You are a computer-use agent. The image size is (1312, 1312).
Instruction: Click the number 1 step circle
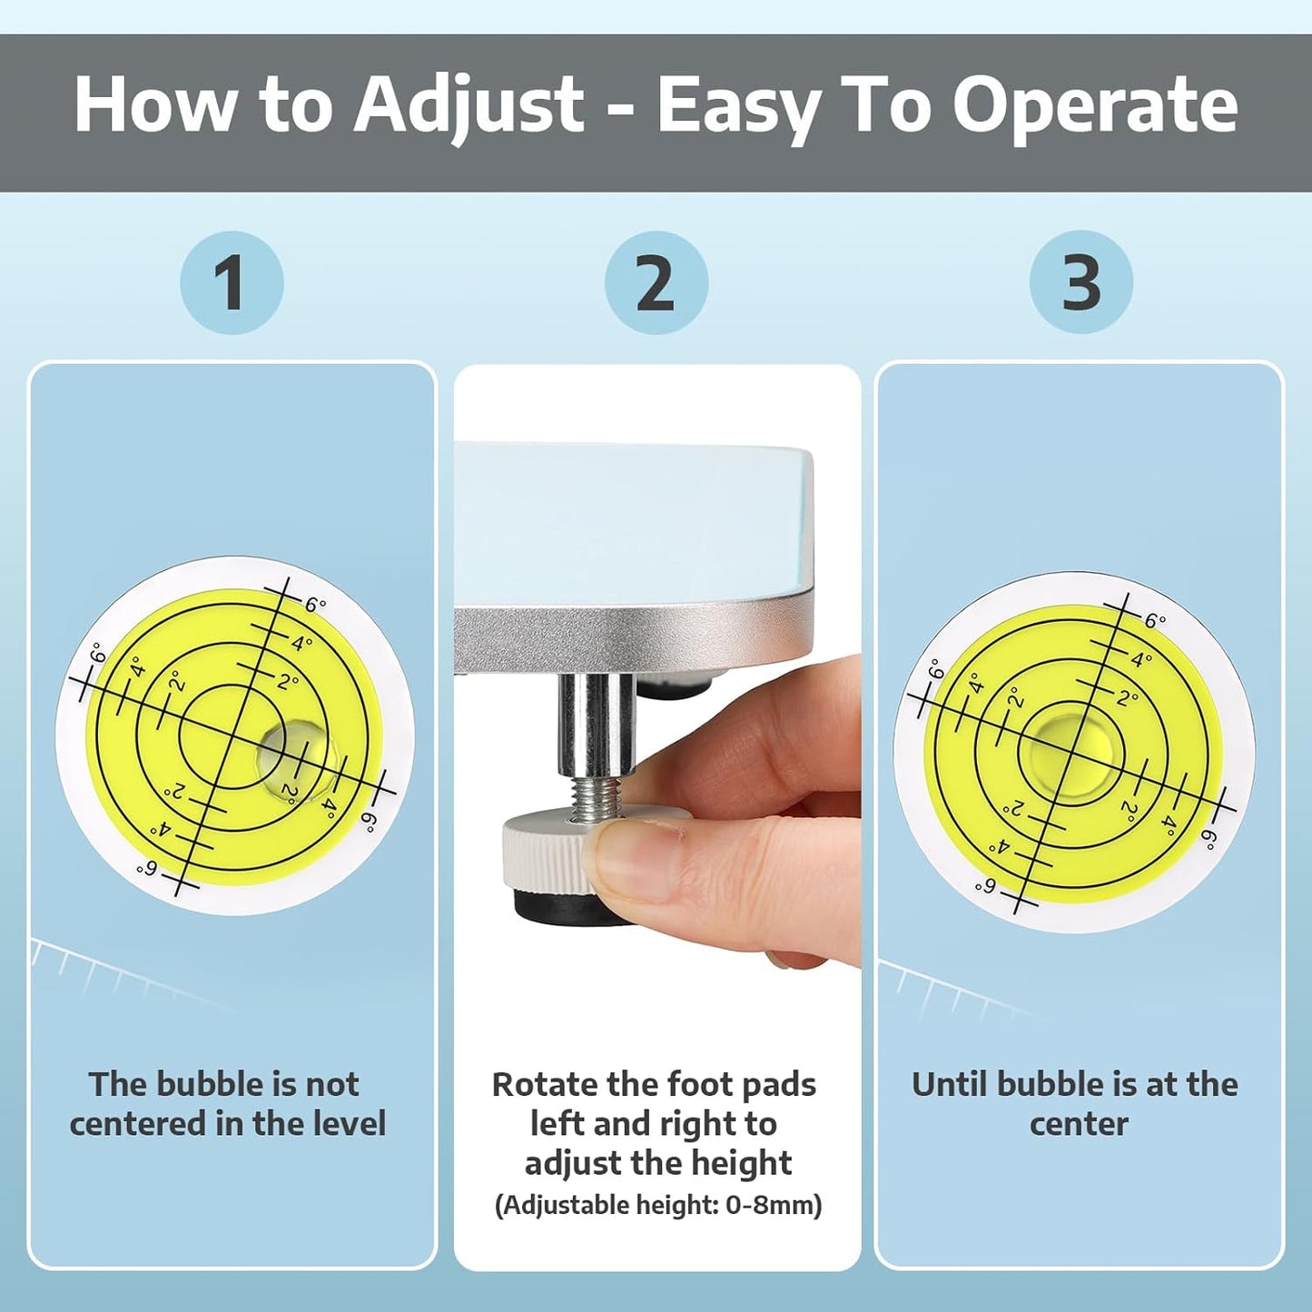pyautogui.click(x=232, y=283)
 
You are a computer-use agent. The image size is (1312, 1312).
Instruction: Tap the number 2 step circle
pyautogui.click(x=656, y=283)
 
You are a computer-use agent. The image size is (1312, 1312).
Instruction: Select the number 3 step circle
pyautogui.click(x=1080, y=283)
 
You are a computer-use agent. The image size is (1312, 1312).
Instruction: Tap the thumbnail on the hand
pyautogui.click(x=636, y=859)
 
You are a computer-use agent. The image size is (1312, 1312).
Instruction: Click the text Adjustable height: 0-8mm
pyautogui.click(x=657, y=1206)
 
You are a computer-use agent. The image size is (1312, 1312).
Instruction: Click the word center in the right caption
pyautogui.click(x=1078, y=1124)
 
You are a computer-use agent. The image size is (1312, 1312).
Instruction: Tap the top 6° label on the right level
pyautogui.click(x=1154, y=621)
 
